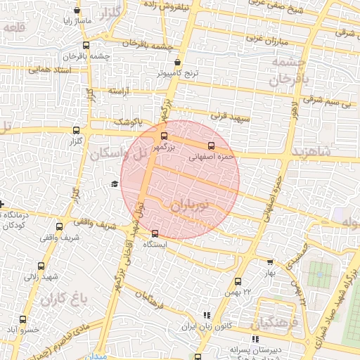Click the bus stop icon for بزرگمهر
coord(165,136)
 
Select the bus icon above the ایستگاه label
coord(155,233)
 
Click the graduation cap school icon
coord(114,184)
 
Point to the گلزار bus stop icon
coord(76,129)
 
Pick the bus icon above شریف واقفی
coord(59,226)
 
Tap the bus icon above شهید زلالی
coord(41,266)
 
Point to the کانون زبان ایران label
coord(207,327)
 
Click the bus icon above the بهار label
coord(269,262)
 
